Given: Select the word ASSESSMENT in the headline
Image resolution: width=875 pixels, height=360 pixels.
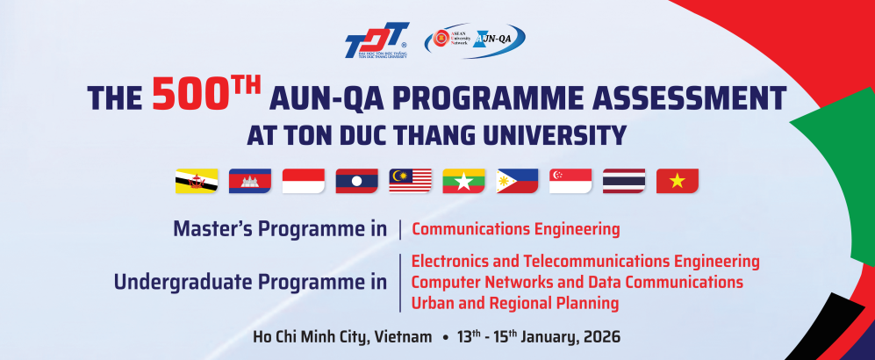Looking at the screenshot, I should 691,98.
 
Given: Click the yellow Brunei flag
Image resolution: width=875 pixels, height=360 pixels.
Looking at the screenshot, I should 197,181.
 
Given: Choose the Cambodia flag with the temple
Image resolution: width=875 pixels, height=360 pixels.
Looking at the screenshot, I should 250,181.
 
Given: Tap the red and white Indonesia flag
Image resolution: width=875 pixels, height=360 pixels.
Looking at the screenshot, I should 304,181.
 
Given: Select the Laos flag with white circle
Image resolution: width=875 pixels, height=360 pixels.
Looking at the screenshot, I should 357,181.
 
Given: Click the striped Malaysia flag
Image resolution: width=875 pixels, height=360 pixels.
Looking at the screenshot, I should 411,181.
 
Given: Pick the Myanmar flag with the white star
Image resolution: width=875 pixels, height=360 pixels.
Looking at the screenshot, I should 464,181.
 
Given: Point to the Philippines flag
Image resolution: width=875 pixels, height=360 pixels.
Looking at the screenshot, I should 518,181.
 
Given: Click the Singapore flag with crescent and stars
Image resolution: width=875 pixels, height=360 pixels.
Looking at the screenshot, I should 570,181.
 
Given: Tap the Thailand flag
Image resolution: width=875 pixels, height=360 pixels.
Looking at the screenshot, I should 624,181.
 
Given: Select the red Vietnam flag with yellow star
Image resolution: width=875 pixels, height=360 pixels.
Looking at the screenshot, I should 678,181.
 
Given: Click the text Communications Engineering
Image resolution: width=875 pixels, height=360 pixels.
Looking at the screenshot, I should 515,230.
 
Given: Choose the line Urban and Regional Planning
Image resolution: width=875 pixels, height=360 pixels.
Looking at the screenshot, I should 515,303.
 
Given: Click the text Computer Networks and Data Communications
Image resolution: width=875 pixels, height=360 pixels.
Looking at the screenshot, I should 577,282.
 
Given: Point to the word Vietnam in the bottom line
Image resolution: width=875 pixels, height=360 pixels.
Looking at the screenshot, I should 403,337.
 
